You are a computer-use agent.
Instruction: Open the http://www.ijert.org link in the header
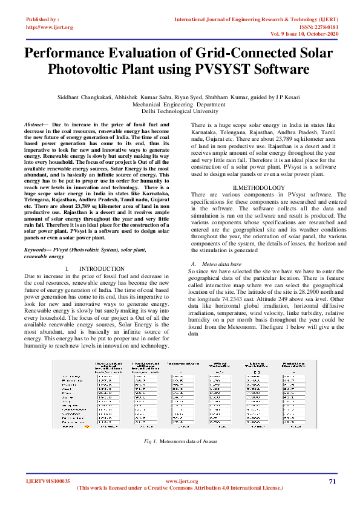[50, 27]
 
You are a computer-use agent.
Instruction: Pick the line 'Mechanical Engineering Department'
[180, 105]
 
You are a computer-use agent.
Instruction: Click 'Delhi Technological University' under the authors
[180, 111]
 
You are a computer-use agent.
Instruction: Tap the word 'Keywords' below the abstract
[38, 249]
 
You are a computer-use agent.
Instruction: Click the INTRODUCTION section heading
[102, 268]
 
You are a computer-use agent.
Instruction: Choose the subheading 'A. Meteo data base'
[216, 264]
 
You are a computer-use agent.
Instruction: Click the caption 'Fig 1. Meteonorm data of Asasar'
[180, 441]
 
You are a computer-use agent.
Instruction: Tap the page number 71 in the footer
[332, 481]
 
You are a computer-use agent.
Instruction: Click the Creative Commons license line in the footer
[180, 488]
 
